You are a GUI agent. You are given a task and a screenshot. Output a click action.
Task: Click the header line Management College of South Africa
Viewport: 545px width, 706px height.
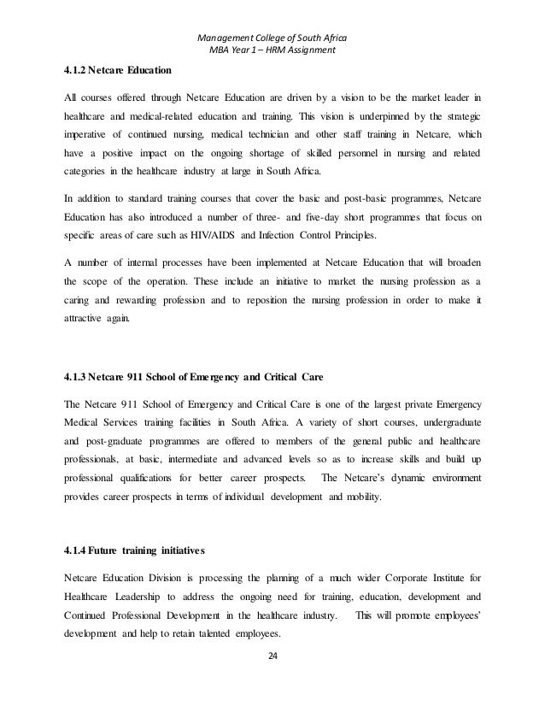(x=272, y=39)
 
